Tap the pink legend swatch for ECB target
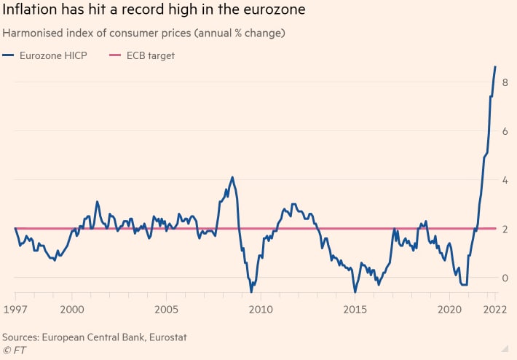(114, 55)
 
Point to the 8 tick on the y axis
(505, 82)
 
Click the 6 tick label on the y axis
(505, 131)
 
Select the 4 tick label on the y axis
(505, 180)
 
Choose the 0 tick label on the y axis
(505, 278)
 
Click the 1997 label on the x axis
(15, 310)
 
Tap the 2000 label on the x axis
(71, 310)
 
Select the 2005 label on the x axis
(166, 310)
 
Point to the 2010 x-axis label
(261, 310)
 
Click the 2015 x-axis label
(355, 310)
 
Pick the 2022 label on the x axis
(494, 310)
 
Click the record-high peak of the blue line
(496, 67)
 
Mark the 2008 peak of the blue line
(232, 177)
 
